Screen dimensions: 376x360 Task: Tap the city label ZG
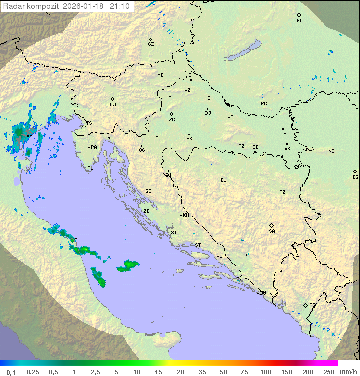(x=172, y=120)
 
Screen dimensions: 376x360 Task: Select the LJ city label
(x=113, y=105)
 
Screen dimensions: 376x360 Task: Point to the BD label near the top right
(x=299, y=21)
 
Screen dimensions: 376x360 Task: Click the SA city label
(x=272, y=231)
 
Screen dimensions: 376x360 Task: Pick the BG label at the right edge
(x=355, y=177)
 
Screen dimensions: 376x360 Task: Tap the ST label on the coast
(x=198, y=245)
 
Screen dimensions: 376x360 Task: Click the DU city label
(x=262, y=293)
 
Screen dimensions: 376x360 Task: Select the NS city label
(x=331, y=151)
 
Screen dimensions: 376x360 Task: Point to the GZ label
(x=151, y=44)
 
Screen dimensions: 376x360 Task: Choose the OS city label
(x=283, y=134)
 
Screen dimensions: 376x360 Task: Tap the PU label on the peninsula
(x=90, y=168)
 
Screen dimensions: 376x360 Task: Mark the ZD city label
(x=146, y=211)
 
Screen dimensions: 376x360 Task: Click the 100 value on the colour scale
(x=266, y=372)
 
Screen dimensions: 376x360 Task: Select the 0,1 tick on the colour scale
(x=11, y=372)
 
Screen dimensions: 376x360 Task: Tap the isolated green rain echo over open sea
(x=130, y=265)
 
